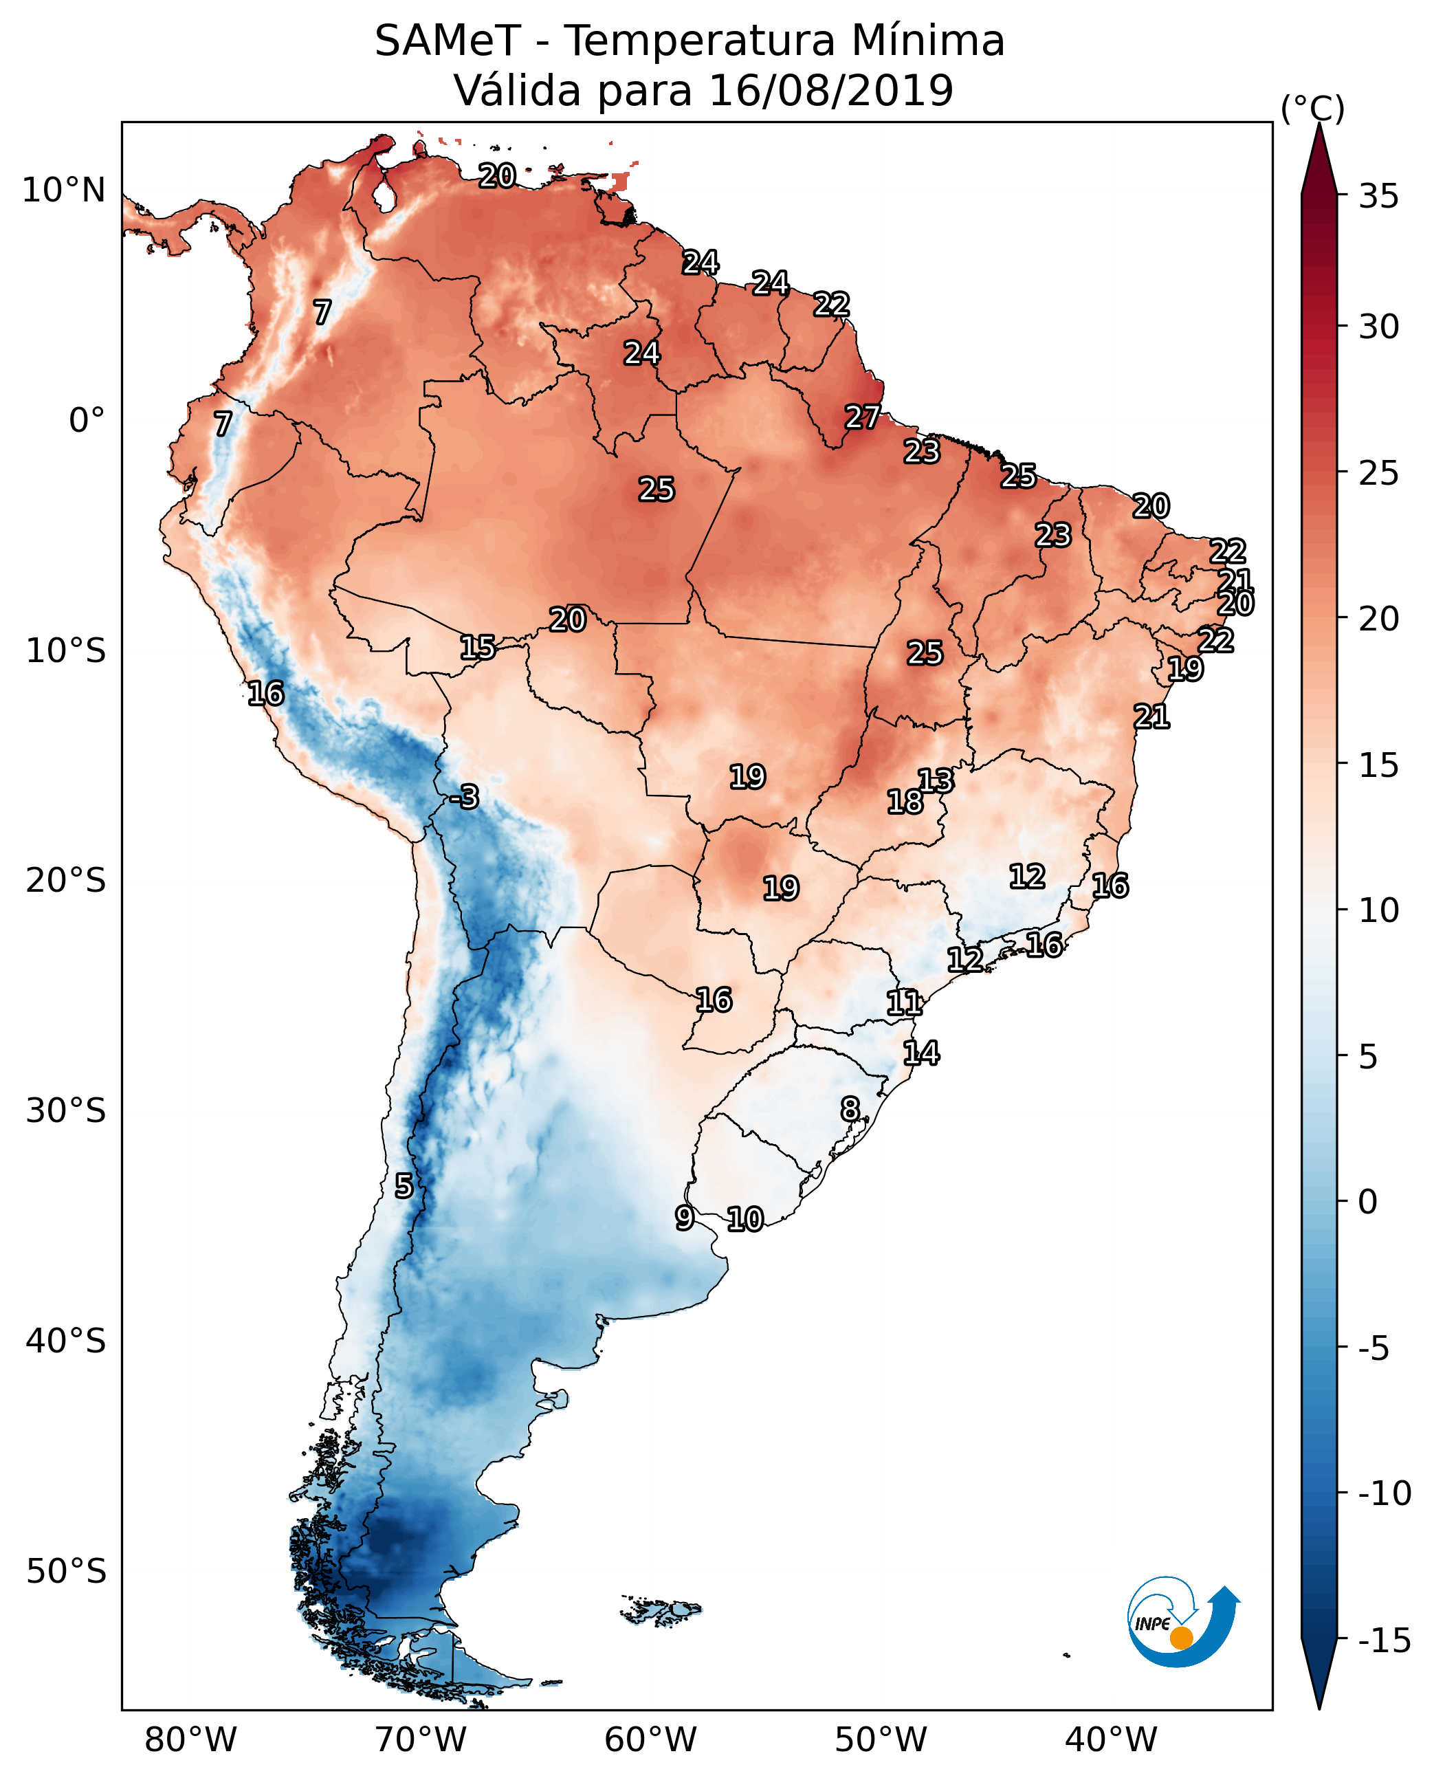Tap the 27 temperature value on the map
(862, 417)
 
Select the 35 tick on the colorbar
(1378, 197)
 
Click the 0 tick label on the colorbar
(1368, 1202)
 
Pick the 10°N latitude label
(64, 191)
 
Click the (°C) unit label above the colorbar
(1312, 108)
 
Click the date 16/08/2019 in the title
(831, 90)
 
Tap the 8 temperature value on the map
(850, 1109)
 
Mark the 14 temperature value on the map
(921, 1053)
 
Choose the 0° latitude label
(87, 421)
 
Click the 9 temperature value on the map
(684, 1218)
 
